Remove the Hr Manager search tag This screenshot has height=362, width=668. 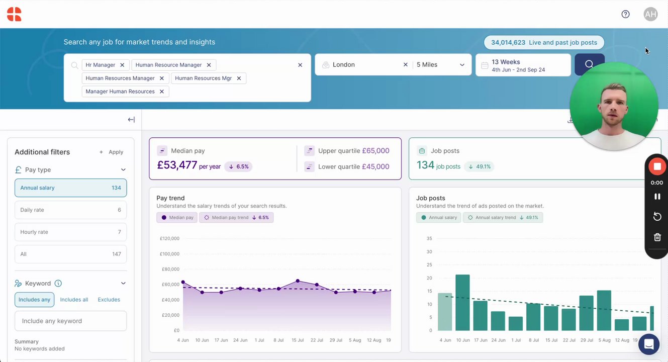[x=122, y=65]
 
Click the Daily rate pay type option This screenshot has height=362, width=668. [x=71, y=210]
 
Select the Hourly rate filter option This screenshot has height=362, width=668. [x=71, y=232]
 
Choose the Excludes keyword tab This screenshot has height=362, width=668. [x=109, y=300]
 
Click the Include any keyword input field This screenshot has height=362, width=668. [x=71, y=321]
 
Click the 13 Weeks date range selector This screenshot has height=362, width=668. [x=523, y=65]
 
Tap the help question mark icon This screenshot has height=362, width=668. [x=625, y=14]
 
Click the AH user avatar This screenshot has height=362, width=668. [x=650, y=14]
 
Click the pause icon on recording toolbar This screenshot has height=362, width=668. [x=657, y=197]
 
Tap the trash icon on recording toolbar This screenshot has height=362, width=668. [x=657, y=237]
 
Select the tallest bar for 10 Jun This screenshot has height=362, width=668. [x=462, y=302]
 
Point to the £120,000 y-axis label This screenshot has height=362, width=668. [x=169, y=238]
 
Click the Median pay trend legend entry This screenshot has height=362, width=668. [x=236, y=218]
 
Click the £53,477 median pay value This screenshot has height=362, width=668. [x=176, y=165]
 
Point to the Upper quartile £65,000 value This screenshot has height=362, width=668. [x=375, y=151]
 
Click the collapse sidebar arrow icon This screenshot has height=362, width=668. [x=131, y=120]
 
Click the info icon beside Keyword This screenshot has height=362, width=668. [x=58, y=283]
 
